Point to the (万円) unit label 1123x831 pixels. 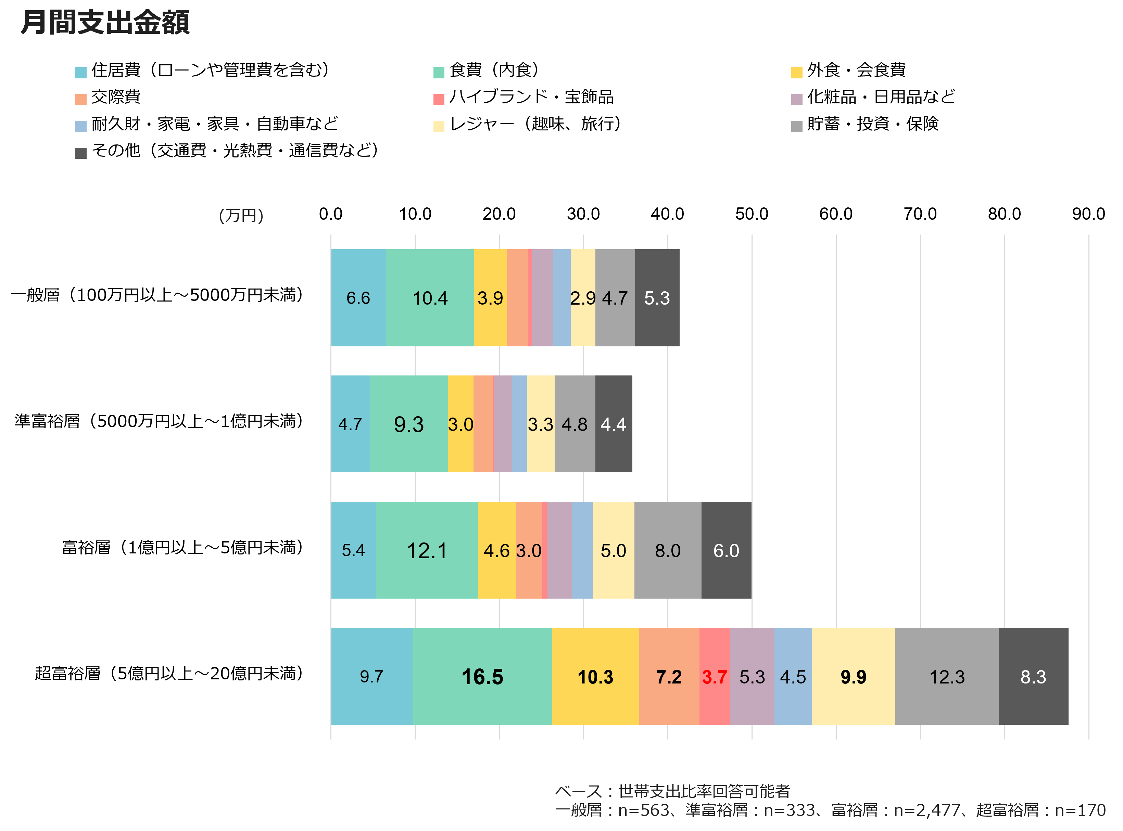point(241,216)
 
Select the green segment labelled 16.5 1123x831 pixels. point(482,677)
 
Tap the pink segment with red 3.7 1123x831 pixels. point(715,677)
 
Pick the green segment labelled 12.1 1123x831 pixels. point(427,550)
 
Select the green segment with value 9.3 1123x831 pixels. point(408,424)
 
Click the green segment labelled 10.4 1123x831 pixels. point(430,298)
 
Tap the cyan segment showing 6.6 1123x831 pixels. point(358,298)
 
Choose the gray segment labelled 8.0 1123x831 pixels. point(668,550)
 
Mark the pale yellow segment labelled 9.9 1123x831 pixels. point(853,677)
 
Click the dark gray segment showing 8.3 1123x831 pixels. point(1033,677)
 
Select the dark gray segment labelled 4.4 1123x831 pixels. point(613,424)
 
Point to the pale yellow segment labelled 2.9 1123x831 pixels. point(583,298)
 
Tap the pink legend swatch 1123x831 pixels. point(439,100)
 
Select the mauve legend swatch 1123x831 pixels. point(796,100)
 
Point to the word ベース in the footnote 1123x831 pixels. point(579,792)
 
